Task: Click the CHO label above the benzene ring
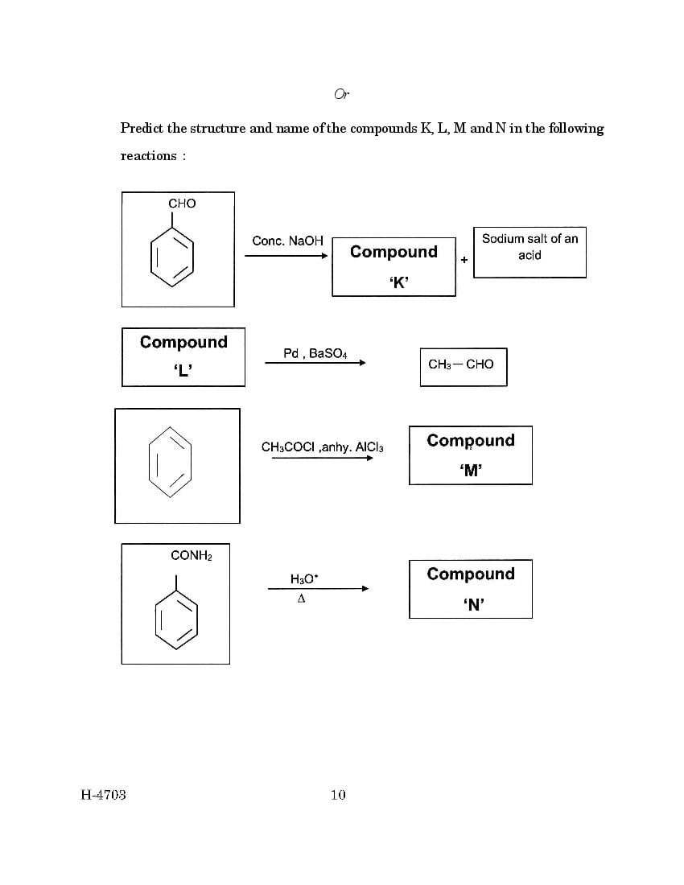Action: coord(182,204)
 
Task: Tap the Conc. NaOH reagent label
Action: coord(287,241)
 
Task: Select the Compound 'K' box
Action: coord(394,267)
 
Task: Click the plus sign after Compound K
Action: coord(464,260)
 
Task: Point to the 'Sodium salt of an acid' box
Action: coord(529,253)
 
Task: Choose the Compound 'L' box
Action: coord(183,356)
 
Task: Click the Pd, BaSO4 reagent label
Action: coord(315,354)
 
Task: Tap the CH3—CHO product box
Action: coord(464,367)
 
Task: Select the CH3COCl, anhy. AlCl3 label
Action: coord(322,447)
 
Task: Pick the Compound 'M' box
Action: coord(471,455)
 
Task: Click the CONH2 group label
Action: coord(192,556)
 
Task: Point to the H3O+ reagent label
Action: coord(304,579)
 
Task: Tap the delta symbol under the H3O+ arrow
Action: coord(302,599)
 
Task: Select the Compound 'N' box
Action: coord(471,589)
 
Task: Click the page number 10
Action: coord(338,795)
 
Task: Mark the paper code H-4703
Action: coord(103,795)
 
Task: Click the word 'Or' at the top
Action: coord(342,93)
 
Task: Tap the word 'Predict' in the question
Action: coord(142,128)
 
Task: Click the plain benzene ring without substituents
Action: coord(170,462)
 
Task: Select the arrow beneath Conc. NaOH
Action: coord(286,256)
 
